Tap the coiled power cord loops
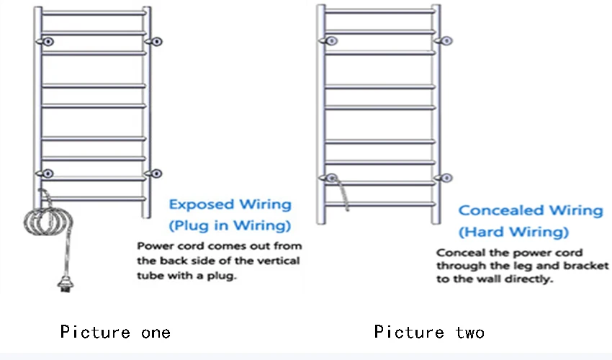(x=48, y=220)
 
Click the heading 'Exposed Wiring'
(x=230, y=205)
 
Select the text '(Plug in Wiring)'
(x=230, y=226)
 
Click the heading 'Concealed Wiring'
(x=531, y=210)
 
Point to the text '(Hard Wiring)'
(x=513, y=232)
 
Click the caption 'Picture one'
(x=115, y=332)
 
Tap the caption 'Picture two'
(x=429, y=332)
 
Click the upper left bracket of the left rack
(x=48, y=42)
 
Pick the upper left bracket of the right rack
(x=330, y=40)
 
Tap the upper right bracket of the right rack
(x=446, y=40)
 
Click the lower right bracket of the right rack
(x=446, y=178)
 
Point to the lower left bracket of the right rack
(x=332, y=178)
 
